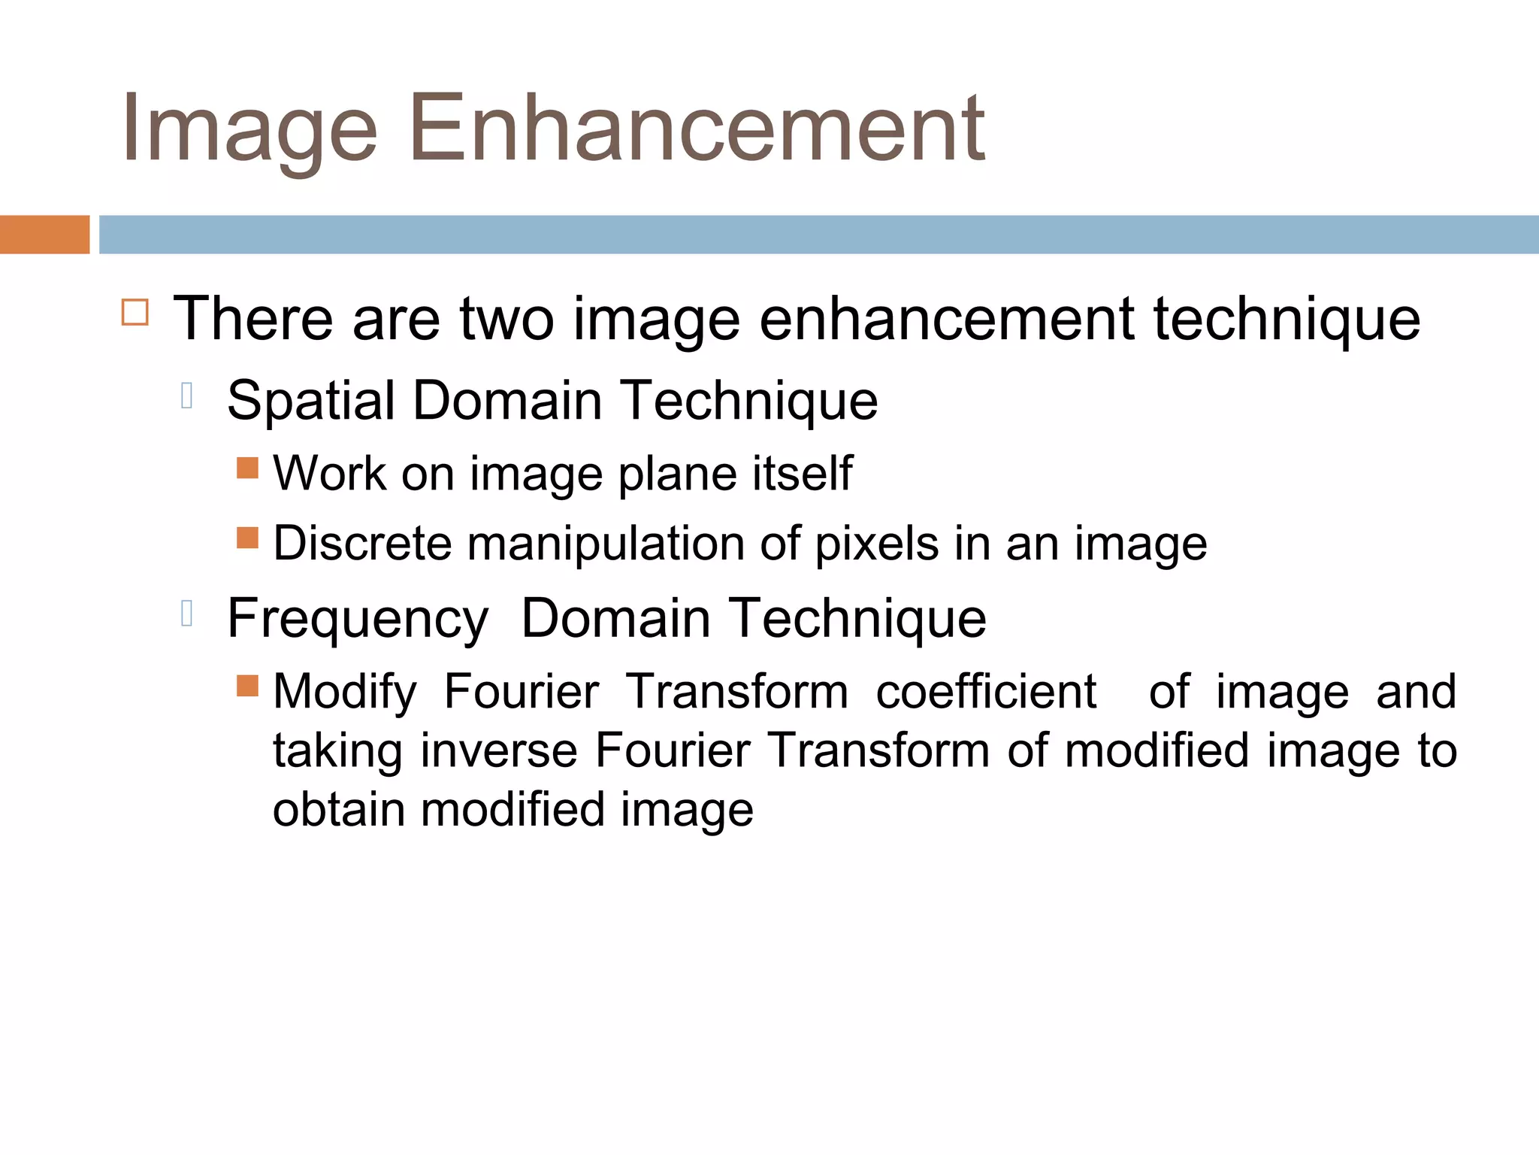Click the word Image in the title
(249, 129)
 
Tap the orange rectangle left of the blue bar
(44, 235)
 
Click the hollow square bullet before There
(135, 311)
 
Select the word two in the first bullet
(507, 319)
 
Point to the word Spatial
(310, 401)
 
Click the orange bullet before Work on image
(247, 468)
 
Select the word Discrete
(362, 543)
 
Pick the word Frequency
(358, 620)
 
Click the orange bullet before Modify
(247, 686)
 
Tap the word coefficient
(986, 691)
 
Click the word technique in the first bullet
(1287, 319)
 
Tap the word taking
(337, 752)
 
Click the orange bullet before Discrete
(247, 538)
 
